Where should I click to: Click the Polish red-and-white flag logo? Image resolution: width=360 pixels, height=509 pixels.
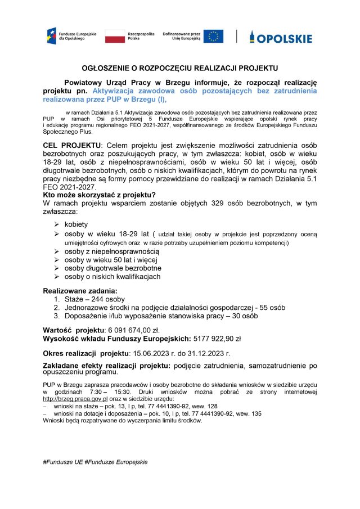point(115,37)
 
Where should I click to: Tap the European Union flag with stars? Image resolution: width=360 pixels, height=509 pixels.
point(213,37)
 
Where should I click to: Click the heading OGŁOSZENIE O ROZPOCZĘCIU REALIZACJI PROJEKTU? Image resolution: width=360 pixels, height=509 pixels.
point(179,66)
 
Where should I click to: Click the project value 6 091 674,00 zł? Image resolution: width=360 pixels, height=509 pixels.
point(124,330)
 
